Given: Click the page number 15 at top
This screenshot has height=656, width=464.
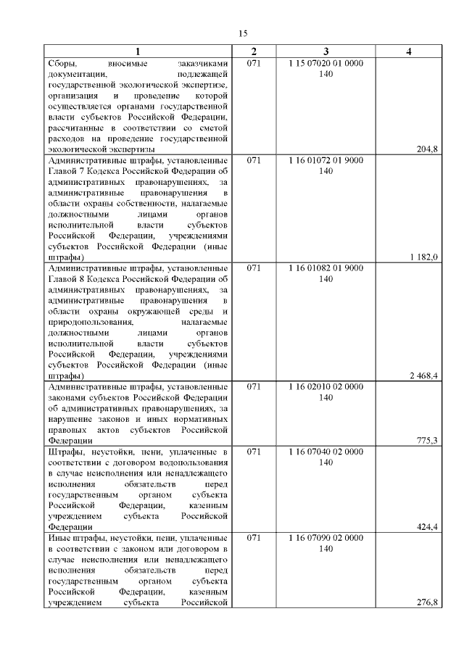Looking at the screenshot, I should coord(244,33).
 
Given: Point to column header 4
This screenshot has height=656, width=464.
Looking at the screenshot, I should coord(409,51).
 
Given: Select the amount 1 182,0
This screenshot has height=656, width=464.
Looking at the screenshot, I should coord(424,257).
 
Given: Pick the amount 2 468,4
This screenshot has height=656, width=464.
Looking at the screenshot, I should coord(424,376).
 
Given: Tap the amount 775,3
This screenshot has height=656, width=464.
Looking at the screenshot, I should coord(428,441).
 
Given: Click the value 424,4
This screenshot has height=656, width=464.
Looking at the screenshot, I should coord(428,527).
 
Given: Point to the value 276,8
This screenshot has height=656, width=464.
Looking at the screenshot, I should coord(428,602).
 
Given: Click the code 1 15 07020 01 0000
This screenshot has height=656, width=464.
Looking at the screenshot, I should coord(326,63).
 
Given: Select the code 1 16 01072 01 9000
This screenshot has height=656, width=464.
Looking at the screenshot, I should coord(326,159).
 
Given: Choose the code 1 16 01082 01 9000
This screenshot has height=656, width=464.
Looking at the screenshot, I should coord(326,267).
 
